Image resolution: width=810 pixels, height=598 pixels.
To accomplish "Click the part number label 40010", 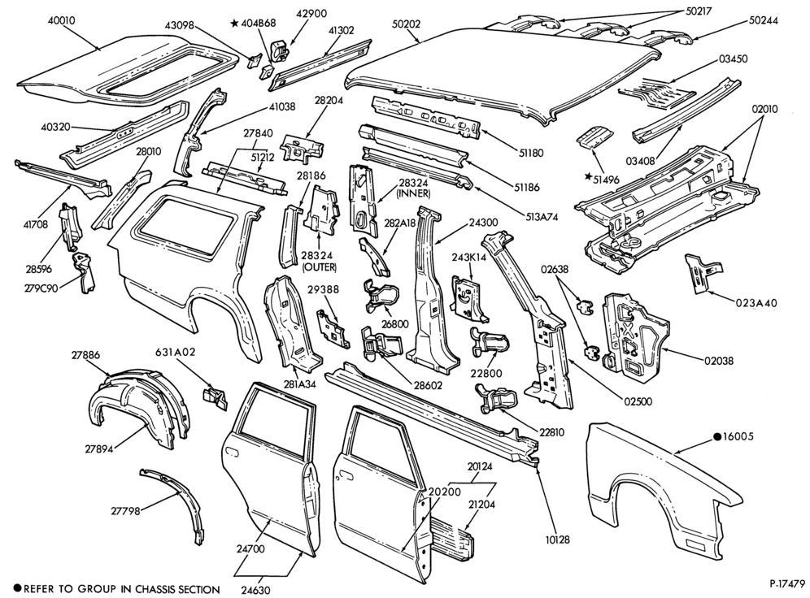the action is click(62, 20).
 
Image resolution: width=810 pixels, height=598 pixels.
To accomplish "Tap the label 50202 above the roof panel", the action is click(406, 24).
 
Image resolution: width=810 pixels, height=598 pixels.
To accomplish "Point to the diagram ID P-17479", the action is click(786, 584).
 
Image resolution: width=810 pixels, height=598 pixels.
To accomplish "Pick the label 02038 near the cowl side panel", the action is click(719, 361).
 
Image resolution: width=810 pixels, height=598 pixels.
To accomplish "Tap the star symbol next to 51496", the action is click(588, 176).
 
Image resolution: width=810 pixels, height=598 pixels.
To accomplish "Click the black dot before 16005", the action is click(717, 436).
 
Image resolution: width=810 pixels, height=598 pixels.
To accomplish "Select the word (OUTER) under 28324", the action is click(319, 266).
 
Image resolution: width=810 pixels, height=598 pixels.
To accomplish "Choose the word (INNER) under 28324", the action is click(413, 193).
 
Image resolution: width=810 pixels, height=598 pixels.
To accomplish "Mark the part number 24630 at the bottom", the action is click(255, 590).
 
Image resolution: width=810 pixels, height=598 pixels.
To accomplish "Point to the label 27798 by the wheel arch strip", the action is click(125, 511).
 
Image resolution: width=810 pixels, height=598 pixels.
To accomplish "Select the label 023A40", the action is click(756, 303).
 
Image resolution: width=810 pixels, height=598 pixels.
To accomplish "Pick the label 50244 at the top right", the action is click(764, 20).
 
